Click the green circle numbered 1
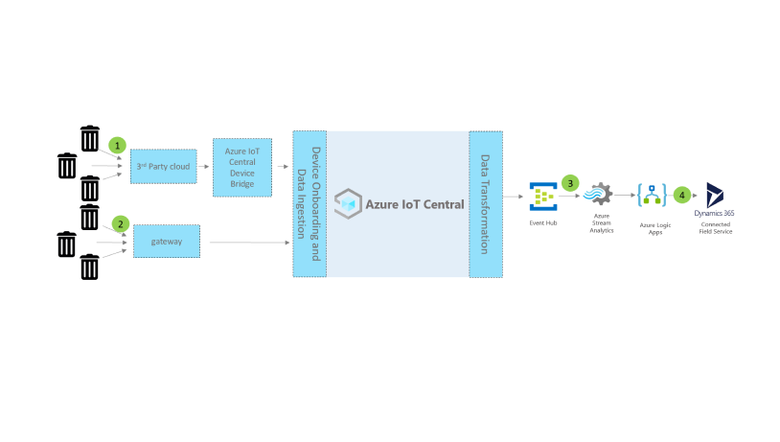pyautogui.click(x=117, y=145)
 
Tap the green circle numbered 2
pyautogui.click(x=121, y=223)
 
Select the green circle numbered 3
pyautogui.click(x=570, y=181)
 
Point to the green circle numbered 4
pyautogui.click(x=682, y=195)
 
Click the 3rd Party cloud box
pyautogui.click(x=163, y=166)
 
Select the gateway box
pyautogui.click(x=166, y=241)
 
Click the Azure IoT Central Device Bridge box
pyautogui.click(x=241, y=167)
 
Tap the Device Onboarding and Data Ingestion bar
pyautogui.click(x=310, y=203)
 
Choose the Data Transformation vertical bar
pyautogui.click(x=486, y=204)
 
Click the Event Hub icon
pyautogui.click(x=543, y=197)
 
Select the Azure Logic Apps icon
pyautogui.click(x=652, y=197)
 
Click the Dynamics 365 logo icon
pyautogui.click(x=715, y=194)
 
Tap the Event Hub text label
pyautogui.click(x=543, y=222)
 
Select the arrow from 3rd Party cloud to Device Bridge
pyautogui.click(x=204, y=166)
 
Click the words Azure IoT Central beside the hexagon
pyautogui.click(x=415, y=204)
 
